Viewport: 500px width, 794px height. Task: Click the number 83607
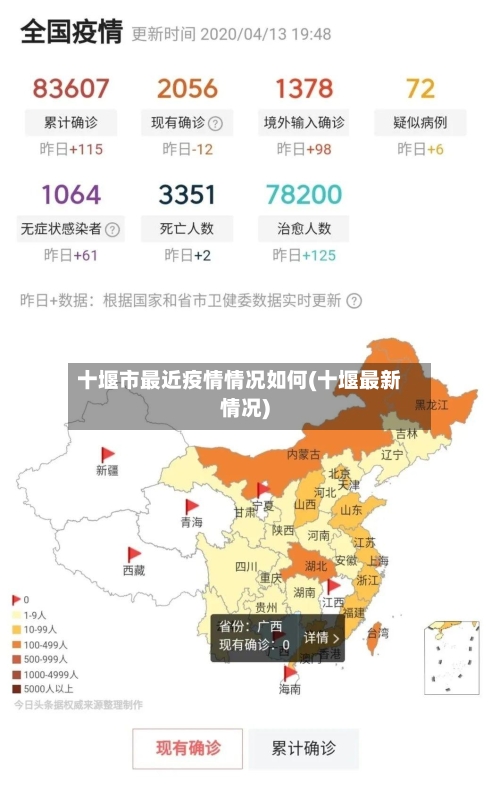click(71, 88)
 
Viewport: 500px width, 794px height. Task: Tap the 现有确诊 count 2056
click(187, 88)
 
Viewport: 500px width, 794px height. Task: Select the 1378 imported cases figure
click(304, 88)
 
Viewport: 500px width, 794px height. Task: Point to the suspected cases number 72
click(420, 88)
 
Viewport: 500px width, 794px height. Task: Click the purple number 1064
click(71, 193)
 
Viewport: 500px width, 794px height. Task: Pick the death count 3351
click(187, 193)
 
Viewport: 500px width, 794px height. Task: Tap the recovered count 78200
click(304, 193)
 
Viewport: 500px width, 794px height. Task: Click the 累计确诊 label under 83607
click(71, 123)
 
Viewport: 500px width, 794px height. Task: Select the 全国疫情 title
click(71, 33)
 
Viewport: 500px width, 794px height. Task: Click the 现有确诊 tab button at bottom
click(188, 748)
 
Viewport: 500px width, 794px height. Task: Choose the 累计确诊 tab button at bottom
click(305, 748)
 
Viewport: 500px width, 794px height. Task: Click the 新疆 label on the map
click(107, 469)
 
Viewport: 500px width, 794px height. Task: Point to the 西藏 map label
click(133, 570)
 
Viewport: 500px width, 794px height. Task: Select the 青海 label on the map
click(191, 522)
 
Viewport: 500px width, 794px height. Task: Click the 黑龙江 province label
click(431, 405)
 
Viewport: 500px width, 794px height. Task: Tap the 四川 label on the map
click(246, 566)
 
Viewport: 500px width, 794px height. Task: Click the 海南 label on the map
click(289, 689)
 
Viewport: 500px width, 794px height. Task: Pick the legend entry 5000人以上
click(45, 688)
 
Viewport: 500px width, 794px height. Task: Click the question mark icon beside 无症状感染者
click(113, 228)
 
